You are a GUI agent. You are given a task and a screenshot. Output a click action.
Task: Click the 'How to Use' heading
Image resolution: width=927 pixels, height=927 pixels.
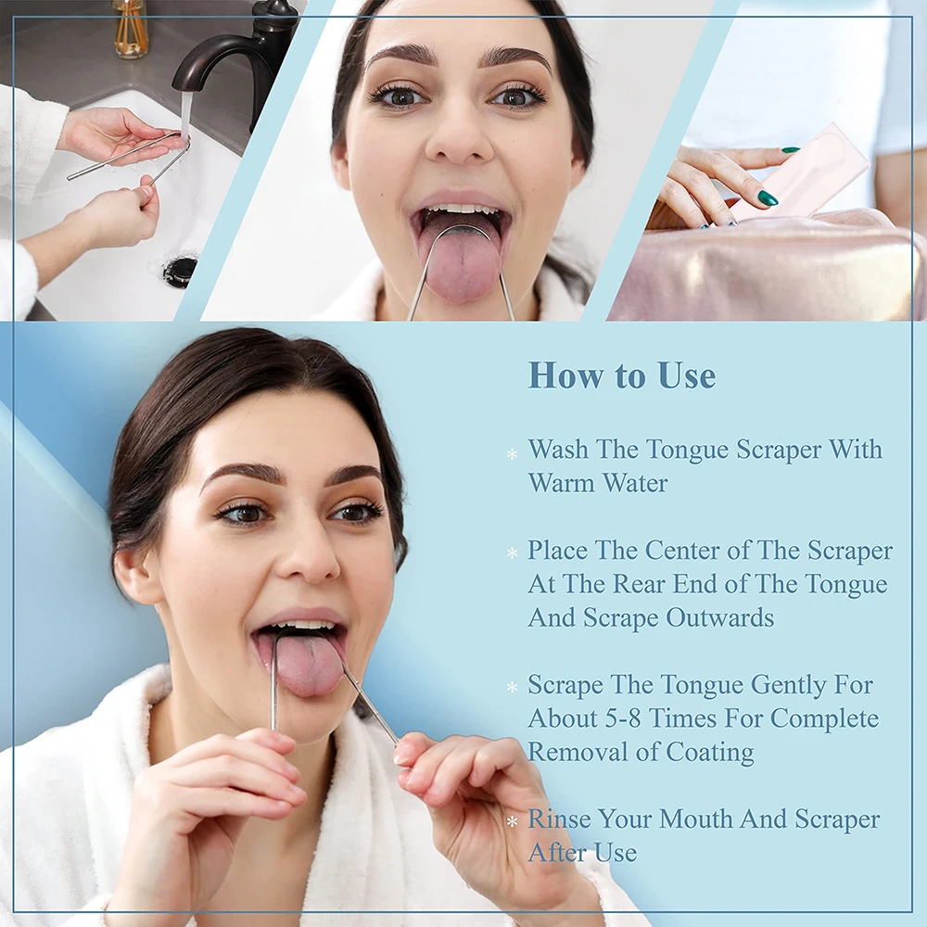tap(621, 375)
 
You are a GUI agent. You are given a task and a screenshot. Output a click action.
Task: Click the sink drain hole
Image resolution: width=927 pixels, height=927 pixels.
tap(180, 270)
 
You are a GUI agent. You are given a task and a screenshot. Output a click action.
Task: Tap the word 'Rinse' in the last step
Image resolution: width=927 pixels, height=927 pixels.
tap(560, 819)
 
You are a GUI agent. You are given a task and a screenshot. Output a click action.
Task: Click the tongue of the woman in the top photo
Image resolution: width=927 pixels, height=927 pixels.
tap(461, 264)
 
